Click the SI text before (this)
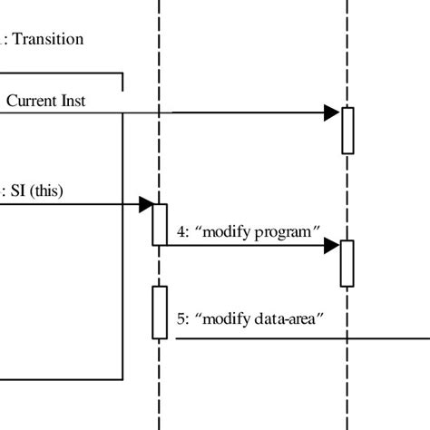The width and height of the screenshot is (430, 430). click(x=18, y=190)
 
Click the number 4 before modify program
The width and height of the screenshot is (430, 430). click(x=181, y=231)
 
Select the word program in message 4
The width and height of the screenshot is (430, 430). click(x=285, y=231)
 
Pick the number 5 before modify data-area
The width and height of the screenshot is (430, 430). click(x=181, y=318)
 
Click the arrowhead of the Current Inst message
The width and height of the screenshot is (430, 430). click(x=332, y=113)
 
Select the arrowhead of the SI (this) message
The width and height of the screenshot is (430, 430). click(x=145, y=205)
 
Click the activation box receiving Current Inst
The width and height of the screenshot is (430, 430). click(x=347, y=130)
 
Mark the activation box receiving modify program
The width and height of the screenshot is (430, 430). click(x=347, y=262)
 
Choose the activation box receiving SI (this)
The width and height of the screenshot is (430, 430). click(x=159, y=223)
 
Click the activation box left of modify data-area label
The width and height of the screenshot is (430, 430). click(x=160, y=312)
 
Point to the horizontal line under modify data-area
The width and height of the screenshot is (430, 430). click(x=299, y=339)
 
